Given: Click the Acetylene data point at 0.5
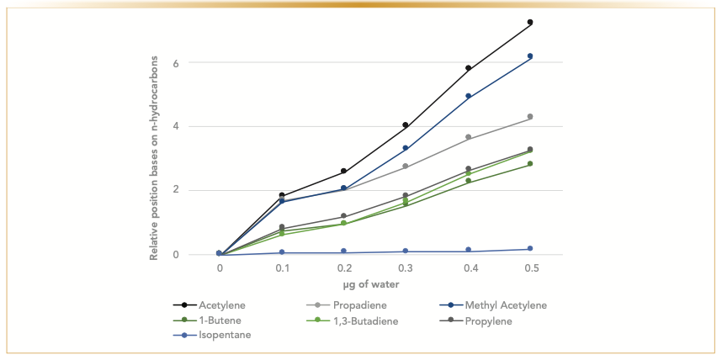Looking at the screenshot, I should point(530,22).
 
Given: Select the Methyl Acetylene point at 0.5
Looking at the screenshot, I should point(530,56).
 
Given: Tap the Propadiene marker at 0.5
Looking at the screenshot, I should point(530,117).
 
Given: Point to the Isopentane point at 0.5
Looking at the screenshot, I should point(530,249).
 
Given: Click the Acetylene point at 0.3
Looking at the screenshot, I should point(406,125).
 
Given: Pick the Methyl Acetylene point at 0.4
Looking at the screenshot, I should point(468,96).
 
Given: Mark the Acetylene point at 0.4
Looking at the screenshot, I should point(468,68).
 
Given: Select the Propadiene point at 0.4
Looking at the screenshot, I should point(468,137).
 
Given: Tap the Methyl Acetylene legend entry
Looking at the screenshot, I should point(493,305).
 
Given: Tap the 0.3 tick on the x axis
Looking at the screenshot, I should point(406,267).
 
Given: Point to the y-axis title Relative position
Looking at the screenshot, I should point(155,159).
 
